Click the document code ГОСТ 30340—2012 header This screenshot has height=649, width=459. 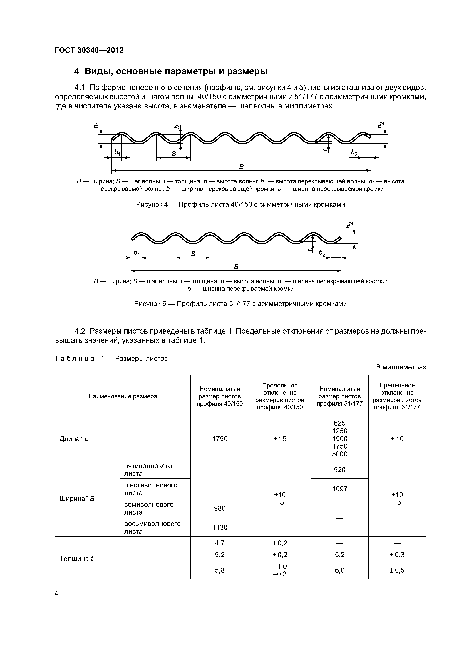[89, 50]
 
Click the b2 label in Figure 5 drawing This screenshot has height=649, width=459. [322, 253]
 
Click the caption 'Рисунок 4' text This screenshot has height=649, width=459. [240, 204]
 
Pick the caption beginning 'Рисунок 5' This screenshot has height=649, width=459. [240, 304]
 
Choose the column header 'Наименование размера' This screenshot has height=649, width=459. [123, 396]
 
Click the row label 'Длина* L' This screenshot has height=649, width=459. [74, 439]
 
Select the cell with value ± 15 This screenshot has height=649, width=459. [280, 439]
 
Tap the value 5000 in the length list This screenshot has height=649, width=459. [339, 454]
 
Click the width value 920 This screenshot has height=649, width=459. [339, 470]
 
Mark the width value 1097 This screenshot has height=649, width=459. [339, 489]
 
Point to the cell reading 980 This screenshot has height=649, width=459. [220, 508]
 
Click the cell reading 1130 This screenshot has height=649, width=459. [220, 527]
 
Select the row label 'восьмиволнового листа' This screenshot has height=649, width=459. [152, 527]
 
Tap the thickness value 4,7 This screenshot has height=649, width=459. [220, 543]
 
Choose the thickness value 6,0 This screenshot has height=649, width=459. [339, 570]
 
